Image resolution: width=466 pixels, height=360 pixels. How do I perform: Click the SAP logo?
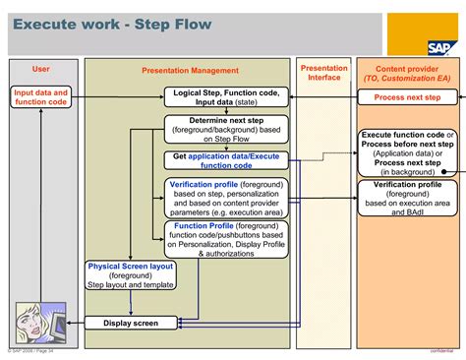tap(440, 45)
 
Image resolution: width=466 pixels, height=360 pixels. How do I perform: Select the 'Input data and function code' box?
tap(40, 95)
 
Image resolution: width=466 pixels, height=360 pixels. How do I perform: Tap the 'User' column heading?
tap(40, 69)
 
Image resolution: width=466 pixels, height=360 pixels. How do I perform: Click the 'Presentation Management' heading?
tap(189, 71)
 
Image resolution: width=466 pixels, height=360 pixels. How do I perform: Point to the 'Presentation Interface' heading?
tap(323, 73)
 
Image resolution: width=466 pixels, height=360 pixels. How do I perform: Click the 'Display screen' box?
tap(131, 323)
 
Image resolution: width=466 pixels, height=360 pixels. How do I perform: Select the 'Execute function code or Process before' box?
tap(408, 151)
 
